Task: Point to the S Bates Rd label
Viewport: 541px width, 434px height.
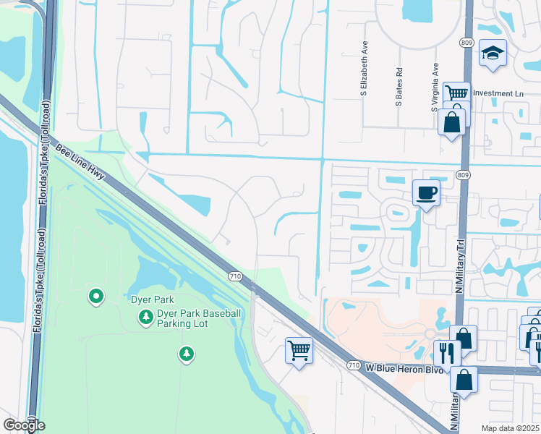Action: pyautogui.click(x=399, y=88)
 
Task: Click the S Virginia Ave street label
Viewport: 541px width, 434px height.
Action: pyautogui.click(x=435, y=87)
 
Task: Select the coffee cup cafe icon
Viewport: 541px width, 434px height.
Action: pyautogui.click(x=425, y=192)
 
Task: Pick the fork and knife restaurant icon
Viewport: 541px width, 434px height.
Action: pyautogui.click(x=446, y=352)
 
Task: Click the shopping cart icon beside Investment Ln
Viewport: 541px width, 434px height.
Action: pyautogui.click(x=456, y=93)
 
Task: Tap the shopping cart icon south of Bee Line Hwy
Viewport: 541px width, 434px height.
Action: pyautogui.click(x=298, y=350)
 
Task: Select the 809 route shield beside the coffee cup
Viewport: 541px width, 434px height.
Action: pyautogui.click(x=464, y=174)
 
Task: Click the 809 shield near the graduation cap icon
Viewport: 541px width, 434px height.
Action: pyautogui.click(x=467, y=43)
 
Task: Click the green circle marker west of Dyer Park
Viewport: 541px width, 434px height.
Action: pyautogui.click(x=95, y=296)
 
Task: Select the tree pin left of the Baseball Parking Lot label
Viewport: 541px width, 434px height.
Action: pyautogui.click(x=146, y=317)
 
